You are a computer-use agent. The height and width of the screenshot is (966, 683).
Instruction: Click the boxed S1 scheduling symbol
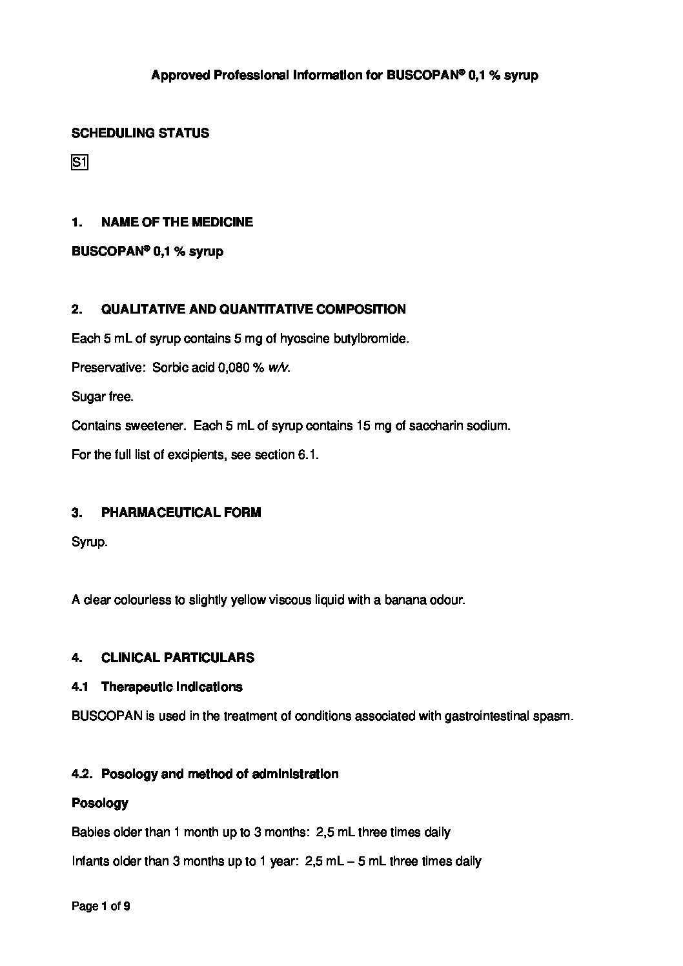click(79, 163)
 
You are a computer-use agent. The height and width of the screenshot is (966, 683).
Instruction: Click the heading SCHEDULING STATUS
click(140, 134)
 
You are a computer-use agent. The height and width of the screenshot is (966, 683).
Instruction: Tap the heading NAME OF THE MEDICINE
click(177, 222)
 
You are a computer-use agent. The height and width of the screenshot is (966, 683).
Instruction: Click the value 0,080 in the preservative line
click(234, 368)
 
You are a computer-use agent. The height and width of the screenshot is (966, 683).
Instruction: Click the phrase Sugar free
click(102, 397)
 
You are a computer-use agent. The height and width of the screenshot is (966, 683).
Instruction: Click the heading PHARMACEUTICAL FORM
click(181, 513)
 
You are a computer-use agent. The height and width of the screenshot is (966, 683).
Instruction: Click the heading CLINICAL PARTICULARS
click(178, 658)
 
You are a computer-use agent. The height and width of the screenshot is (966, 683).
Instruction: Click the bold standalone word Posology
click(99, 803)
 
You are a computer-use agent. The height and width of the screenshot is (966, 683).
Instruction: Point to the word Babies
click(88, 832)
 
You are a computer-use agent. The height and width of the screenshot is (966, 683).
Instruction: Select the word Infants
click(90, 861)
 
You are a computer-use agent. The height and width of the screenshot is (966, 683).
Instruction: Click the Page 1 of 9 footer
click(101, 907)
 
